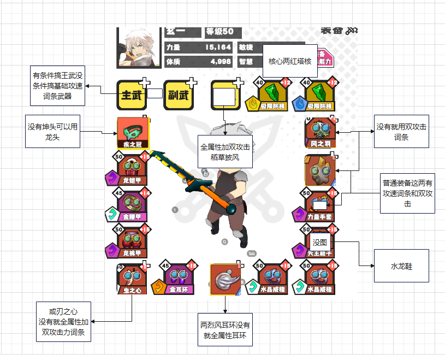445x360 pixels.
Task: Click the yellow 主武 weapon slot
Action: click(132, 95)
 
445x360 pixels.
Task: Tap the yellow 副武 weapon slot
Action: click(179, 95)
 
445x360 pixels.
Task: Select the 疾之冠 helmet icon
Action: click(133, 133)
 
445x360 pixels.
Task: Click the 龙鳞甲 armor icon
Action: click(133, 171)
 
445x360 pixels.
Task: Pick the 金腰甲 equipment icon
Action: click(133, 207)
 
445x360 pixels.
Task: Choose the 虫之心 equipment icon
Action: click(132, 279)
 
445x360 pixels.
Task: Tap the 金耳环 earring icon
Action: click(179, 279)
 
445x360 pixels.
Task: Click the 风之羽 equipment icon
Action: click(321, 133)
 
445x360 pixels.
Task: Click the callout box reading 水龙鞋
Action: click(401, 266)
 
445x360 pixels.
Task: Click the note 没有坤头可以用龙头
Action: click(52, 131)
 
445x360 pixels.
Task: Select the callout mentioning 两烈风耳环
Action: click(225, 329)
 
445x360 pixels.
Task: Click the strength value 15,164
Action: click(218, 48)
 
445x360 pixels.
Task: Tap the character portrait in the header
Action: click(138, 48)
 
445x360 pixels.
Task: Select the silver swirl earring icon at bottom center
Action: click(225, 279)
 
